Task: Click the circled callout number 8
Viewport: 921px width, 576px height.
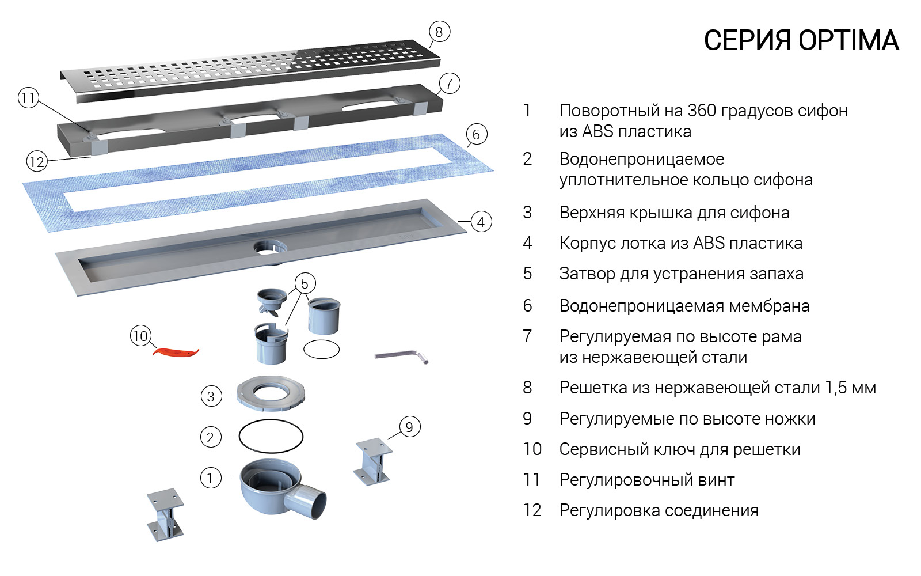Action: click(439, 32)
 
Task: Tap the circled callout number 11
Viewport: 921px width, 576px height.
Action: click(28, 98)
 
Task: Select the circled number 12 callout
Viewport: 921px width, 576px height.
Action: click(36, 162)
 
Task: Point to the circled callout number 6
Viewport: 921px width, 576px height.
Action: click(475, 135)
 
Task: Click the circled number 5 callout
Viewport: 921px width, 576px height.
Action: click(305, 283)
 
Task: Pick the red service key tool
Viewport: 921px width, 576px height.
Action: click(175, 351)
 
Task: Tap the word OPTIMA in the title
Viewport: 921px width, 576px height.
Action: click(848, 41)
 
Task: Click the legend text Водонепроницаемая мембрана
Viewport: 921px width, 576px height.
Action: click(684, 306)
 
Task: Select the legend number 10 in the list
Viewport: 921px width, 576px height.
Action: click(532, 449)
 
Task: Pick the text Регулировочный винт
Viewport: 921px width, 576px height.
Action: click(646, 480)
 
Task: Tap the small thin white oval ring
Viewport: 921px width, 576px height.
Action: click(321, 348)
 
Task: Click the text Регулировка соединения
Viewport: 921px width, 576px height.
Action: click(659, 510)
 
